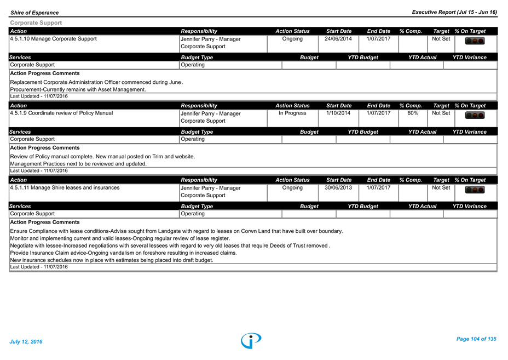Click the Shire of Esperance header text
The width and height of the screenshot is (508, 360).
(x=34, y=13)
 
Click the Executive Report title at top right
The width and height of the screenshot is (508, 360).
(x=454, y=12)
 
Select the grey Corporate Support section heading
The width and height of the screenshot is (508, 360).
(x=36, y=22)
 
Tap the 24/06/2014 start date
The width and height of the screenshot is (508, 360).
(x=338, y=38)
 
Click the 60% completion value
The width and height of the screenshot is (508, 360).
(x=413, y=113)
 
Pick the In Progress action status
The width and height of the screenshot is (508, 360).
(x=292, y=113)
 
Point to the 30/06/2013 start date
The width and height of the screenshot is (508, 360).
(x=338, y=187)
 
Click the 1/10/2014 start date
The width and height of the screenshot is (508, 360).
(x=338, y=113)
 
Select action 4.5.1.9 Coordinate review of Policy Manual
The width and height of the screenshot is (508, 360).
(x=61, y=113)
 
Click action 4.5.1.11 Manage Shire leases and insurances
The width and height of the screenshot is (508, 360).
(x=65, y=187)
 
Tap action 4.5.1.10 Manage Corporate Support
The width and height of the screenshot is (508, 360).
(x=54, y=38)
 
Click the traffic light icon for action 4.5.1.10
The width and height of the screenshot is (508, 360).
(x=475, y=41)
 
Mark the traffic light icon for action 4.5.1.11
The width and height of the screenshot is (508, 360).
(x=475, y=190)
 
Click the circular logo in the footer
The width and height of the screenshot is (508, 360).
(x=251, y=340)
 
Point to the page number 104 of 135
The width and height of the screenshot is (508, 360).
(x=476, y=339)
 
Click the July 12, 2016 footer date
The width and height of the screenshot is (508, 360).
(x=26, y=341)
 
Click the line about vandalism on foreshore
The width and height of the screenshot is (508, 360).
(x=123, y=253)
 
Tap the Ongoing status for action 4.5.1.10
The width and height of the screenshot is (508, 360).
(x=292, y=38)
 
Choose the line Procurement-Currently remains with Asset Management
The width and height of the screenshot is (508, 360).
(x=78, y=89)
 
